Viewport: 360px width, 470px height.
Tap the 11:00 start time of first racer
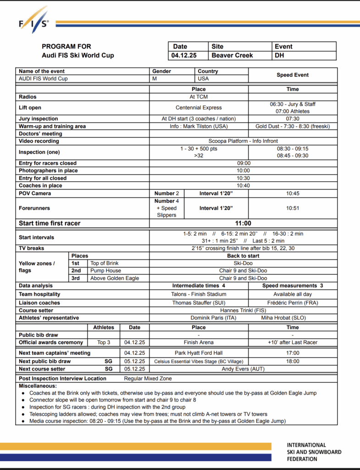click(243, 224)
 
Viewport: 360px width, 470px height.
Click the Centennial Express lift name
click(199, 107)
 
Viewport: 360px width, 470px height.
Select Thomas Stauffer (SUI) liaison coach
click(199, 303)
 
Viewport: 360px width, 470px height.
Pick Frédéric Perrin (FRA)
click(292, 303)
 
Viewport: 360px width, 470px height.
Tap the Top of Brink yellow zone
click(104, 263)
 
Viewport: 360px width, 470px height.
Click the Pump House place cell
click(106, 271)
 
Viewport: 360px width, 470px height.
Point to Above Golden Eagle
click(115, 278)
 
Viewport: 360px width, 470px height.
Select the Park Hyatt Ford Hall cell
click(199, 353)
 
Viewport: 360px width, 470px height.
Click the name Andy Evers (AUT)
click(243, 369)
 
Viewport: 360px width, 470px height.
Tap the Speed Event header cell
click(293, 75)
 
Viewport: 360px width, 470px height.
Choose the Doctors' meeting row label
click(40, 134)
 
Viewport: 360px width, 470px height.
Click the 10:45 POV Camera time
click(293, 194)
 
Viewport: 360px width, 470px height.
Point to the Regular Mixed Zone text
click(148, 379)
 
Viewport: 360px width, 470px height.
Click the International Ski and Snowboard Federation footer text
click(314, 452)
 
